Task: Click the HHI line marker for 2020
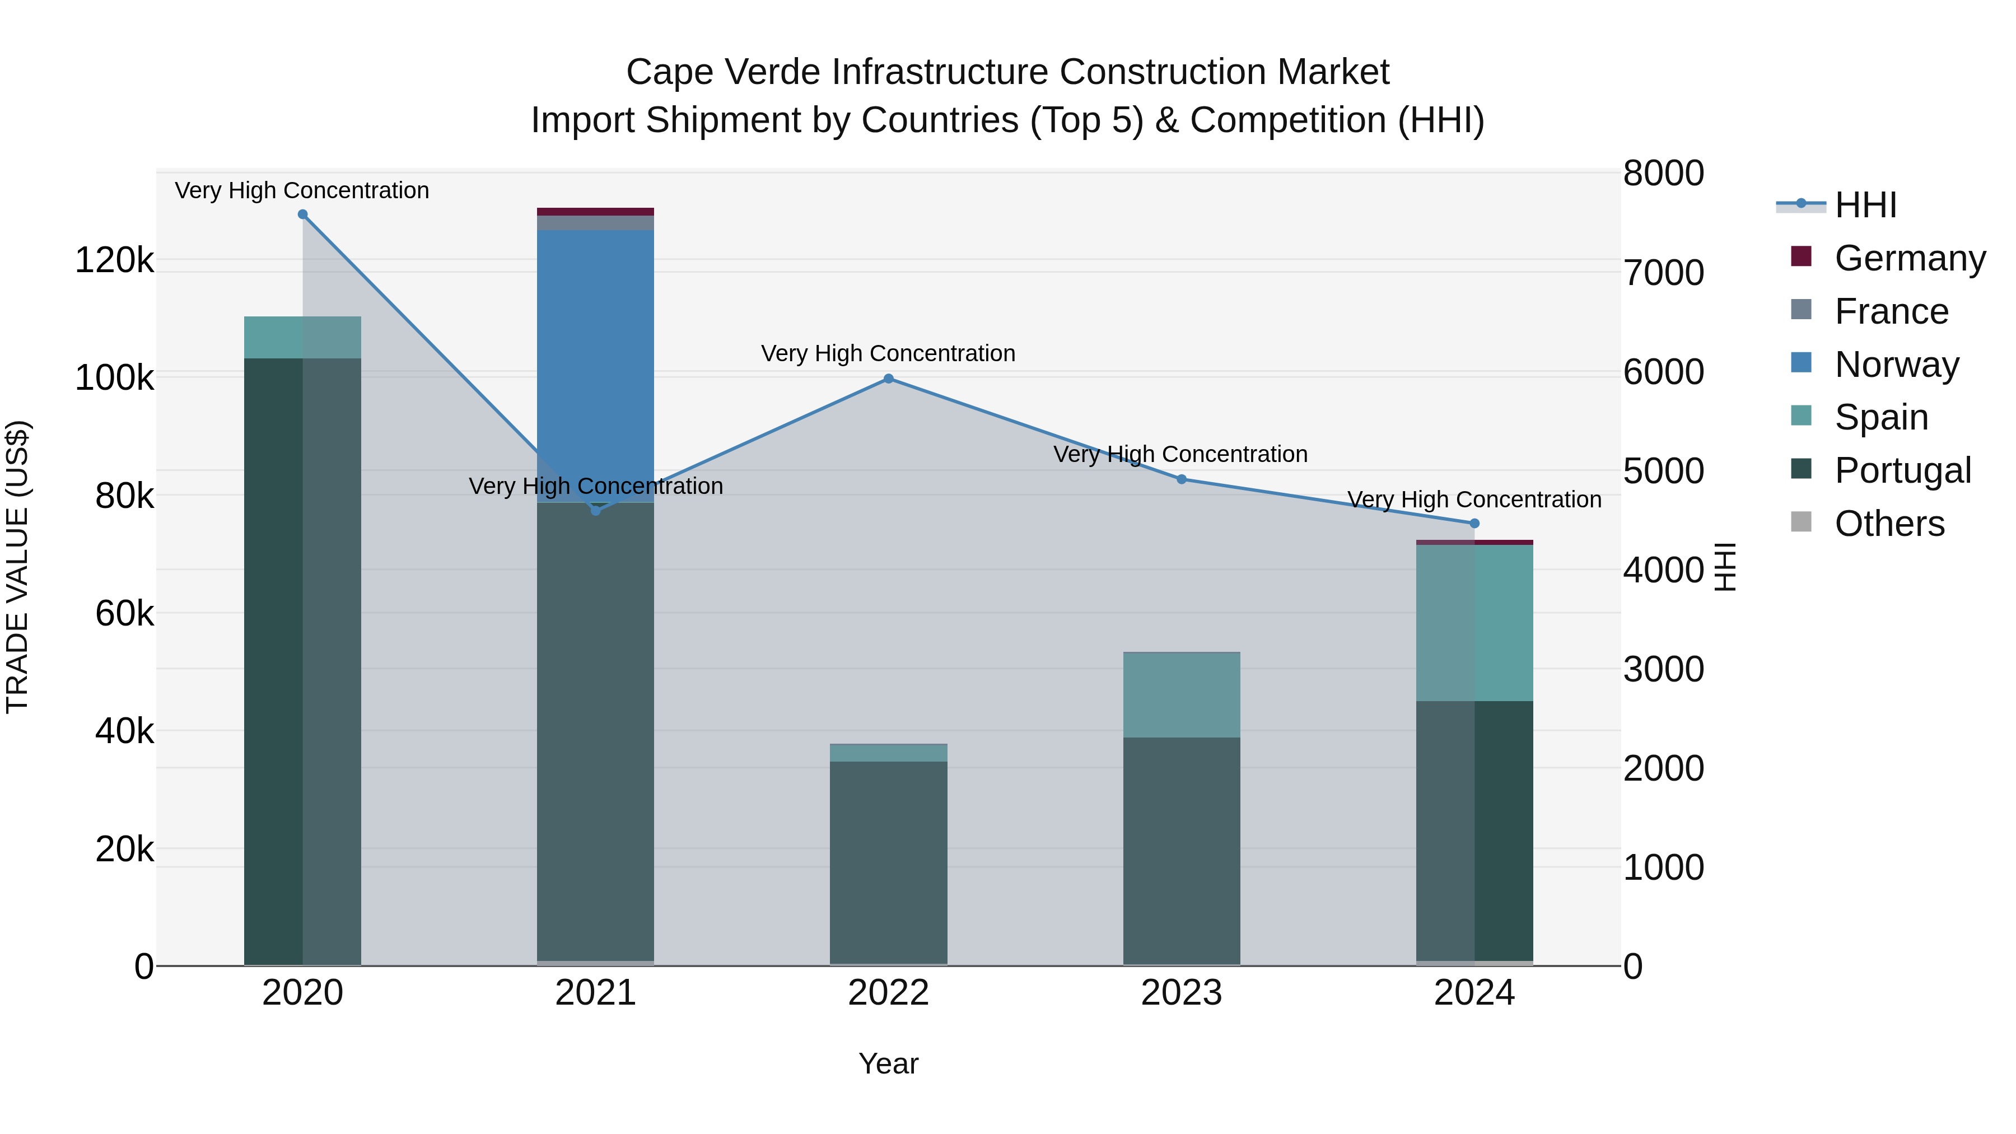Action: pos(303,214)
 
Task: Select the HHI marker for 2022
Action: pos(888,379)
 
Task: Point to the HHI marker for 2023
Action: pos(1182,479)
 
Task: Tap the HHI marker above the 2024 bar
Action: pos(1474,524)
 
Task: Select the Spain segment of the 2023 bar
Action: pos(1182,694)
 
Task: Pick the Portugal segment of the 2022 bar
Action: pos(888,861)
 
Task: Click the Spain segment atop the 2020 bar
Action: pos(303,337)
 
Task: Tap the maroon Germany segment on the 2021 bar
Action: pos(596,211)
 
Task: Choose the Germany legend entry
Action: pos(1910,258)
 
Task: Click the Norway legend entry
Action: pos(1896,365)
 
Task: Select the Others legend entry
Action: pos(1889,524)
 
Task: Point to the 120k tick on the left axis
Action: pos(114,260)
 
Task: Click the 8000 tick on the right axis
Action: pos(1663,173)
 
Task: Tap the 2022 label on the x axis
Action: pos(888,992)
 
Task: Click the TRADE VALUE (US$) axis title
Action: pos(17,567)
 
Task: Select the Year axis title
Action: pos(888,1063)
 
